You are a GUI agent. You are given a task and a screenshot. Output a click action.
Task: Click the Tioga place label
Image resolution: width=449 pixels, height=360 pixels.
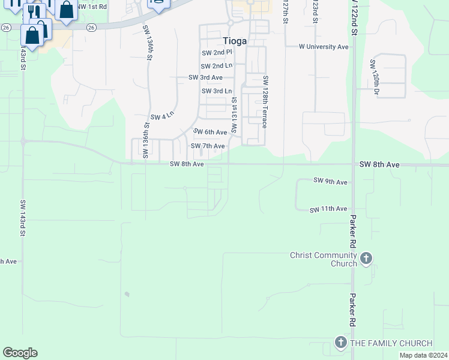(x=235, y=40)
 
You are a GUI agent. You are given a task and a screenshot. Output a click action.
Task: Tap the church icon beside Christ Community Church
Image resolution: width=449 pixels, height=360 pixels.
(x=366, y=259)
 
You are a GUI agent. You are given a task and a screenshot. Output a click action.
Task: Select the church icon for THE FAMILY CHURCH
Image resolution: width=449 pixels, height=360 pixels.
(x=340, y=343)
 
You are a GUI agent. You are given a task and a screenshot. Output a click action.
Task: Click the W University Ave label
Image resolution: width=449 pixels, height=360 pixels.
(x=324, y=46)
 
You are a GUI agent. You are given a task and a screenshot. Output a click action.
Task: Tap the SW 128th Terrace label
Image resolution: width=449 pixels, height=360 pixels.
(x=265, y=102)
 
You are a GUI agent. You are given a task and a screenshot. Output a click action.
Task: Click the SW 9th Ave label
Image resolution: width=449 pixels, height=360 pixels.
(x=330, y=181)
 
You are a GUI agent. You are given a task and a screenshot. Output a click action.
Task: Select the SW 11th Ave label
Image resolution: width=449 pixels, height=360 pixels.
(x=328, y=209)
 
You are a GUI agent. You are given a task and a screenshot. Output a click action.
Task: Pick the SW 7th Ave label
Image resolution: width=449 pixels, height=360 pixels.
(x=208, y=146)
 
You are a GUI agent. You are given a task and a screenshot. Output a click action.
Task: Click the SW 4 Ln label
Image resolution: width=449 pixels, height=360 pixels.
(x=162, y=116)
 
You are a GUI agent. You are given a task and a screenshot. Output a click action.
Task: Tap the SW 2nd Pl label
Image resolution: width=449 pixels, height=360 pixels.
(x=216, y=53)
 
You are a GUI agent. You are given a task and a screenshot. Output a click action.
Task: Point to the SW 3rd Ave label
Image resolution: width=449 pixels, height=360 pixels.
(x=206, y=78)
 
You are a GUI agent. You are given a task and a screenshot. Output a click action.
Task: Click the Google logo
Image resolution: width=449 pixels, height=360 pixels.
(x=20, y=353)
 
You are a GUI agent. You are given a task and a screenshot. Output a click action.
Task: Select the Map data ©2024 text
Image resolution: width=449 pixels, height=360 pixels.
(x=423, y=355)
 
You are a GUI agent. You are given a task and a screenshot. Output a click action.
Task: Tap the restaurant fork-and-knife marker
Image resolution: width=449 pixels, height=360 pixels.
(x=35, y=12)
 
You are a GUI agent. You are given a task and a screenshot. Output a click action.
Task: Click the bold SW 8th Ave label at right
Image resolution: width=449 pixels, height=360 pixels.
(x=379, y=164)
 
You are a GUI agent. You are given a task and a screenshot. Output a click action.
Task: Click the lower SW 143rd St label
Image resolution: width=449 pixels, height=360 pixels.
(x=22, y=218)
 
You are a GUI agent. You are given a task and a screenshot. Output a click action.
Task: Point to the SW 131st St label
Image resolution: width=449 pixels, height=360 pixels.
(x=235, y=115)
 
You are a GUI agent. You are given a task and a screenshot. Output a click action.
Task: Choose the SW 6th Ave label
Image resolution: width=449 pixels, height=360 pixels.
(x=210, y=132)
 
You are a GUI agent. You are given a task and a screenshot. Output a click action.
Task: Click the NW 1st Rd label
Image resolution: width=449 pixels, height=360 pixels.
(x=92, y=7)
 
